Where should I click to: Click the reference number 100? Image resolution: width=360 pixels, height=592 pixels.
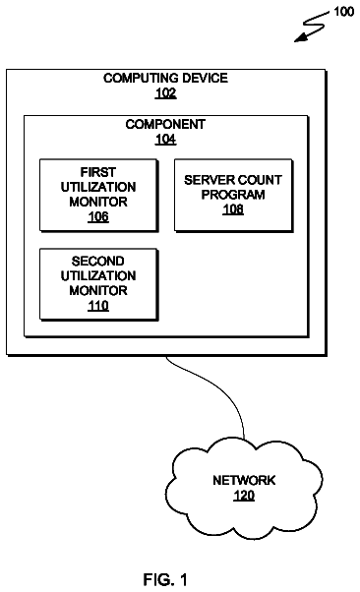click(x=343, y=12)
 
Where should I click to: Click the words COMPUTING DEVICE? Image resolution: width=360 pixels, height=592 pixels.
click(x=165, y=78)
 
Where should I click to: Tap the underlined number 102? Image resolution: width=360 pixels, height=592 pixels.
click(x=165, y=92)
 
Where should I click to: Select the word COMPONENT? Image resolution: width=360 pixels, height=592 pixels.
click(x=165, y=124)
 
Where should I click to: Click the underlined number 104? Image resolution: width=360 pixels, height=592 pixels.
click(x=165, y=140)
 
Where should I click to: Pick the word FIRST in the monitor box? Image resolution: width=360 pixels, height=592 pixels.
click(x=97, y=172)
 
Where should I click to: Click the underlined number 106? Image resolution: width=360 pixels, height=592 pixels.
click(x=98, y=216)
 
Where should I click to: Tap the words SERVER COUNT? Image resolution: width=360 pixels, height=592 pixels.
click(x=233, y=180)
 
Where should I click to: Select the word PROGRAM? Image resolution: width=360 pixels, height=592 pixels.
click(x=233, y=195)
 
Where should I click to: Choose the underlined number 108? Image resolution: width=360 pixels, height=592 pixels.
click(x=233, y=209)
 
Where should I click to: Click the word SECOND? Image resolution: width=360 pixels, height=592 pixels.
click(x=97, y=262)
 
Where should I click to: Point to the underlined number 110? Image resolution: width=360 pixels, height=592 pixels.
click(x=98, y=306)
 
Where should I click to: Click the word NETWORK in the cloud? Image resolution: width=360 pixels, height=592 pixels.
click(x=244, y=480)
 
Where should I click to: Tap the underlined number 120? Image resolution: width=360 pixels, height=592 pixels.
click(x=244, y=496)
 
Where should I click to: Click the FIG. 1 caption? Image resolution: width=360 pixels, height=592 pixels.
click(x=165, y=579)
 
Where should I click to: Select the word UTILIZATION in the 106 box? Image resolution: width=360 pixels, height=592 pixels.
click(x=98, y=187)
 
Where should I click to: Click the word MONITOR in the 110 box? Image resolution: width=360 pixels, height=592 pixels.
click(x=98, y=291)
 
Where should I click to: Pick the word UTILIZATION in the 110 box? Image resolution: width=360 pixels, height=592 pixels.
click(x=98, y=276)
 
